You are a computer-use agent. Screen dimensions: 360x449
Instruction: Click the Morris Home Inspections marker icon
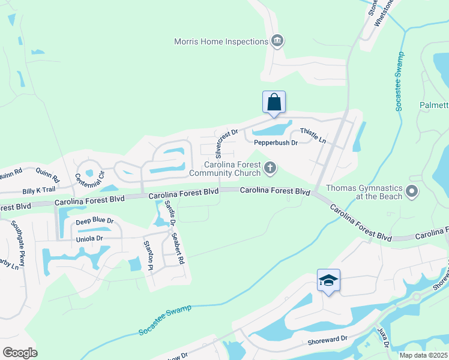pos(277,41)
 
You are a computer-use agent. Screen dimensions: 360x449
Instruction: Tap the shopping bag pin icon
pos(274,101)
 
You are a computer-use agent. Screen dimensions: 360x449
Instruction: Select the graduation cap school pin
pos(328,280)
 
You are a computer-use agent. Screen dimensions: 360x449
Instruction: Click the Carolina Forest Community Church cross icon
pos(270,169)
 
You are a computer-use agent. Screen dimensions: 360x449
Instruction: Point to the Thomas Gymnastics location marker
pos(411,193)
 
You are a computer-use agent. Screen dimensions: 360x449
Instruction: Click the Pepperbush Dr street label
pos(276,143)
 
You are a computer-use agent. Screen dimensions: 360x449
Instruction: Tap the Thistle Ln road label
pos(313,136)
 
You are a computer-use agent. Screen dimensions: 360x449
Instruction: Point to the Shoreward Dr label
pos(328,338)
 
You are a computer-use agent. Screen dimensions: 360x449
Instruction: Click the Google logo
pos(20,352)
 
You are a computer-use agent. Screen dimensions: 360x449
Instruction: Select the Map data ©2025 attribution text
pos(423,355)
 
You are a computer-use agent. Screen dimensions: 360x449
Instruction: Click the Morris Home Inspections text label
pos(221,41)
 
